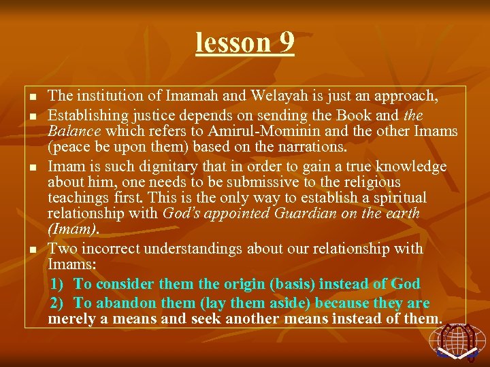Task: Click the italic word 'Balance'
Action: tap(73, 130)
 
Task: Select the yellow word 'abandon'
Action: tap(121, 302)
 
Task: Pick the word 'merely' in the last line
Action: tap(71, 319)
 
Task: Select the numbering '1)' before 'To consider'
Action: tap(59, 283)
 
